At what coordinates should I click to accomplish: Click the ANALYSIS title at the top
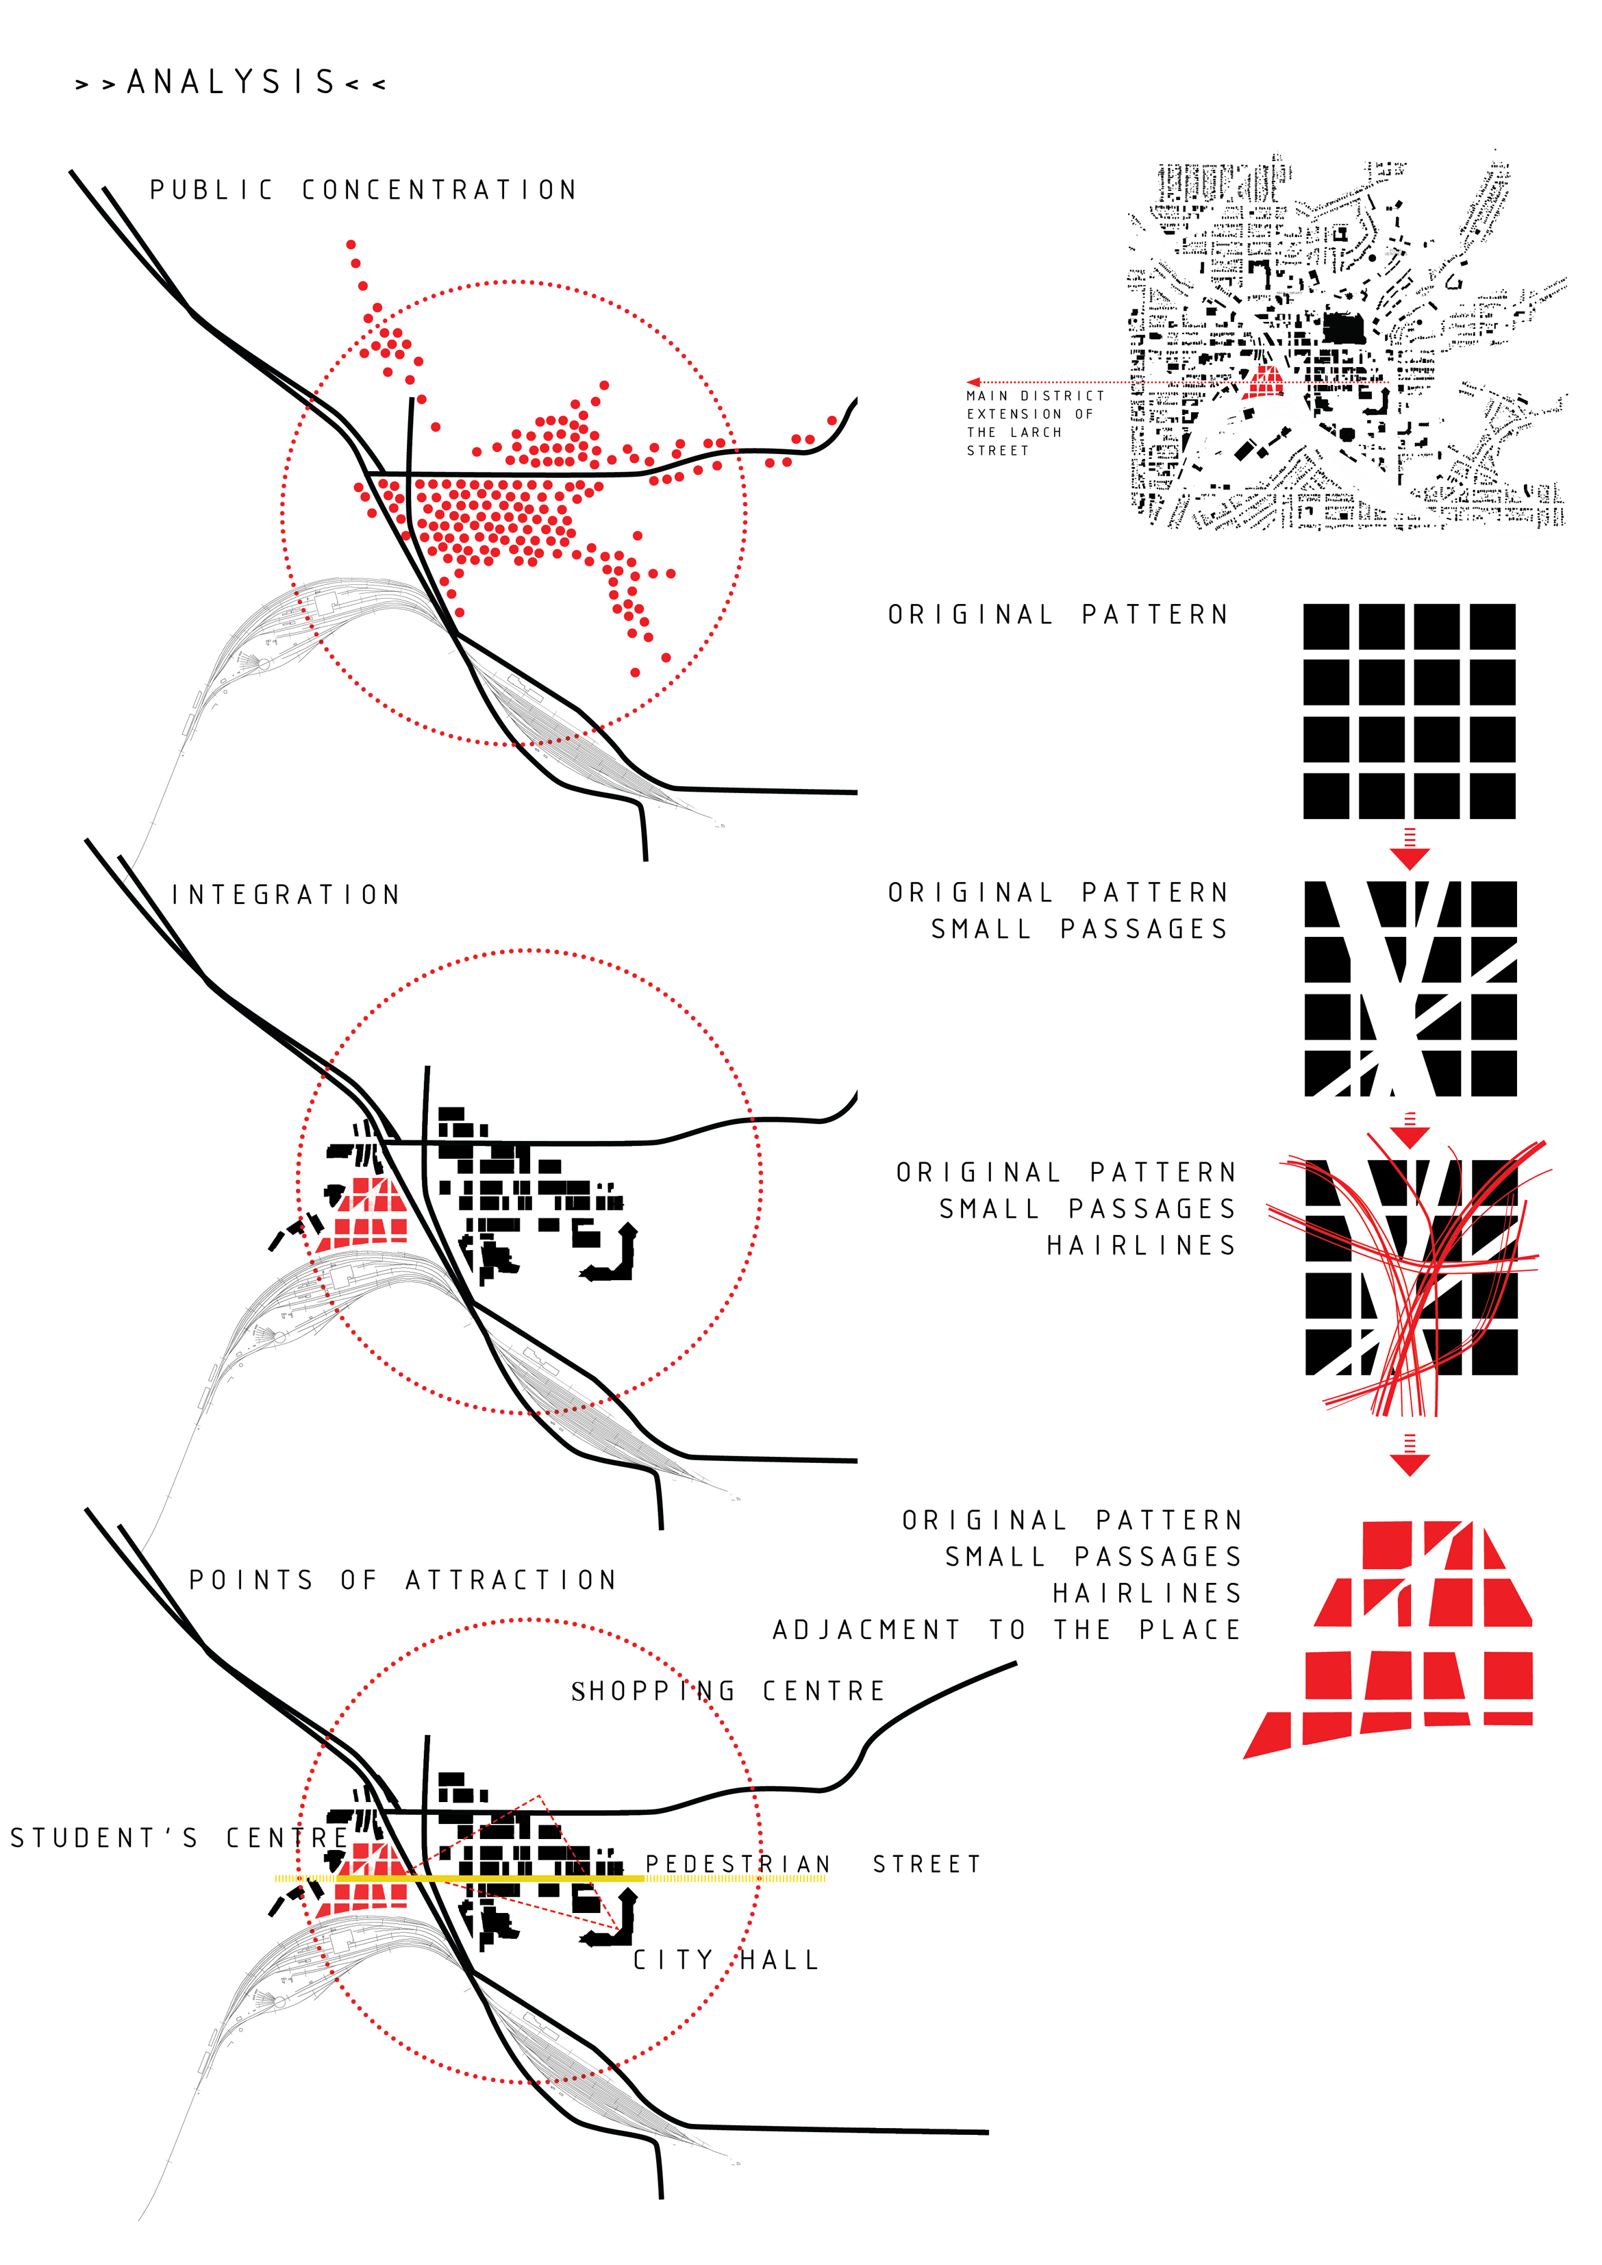tap(231, 82)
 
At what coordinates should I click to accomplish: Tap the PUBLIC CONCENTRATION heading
tap(363, 190)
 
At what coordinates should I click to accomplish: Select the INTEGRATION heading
tap(286, 894)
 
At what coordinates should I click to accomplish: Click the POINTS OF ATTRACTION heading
tap(403, 1580)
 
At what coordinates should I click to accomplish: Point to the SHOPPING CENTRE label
tap(728, 1692)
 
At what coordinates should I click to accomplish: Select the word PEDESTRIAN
tap(738, 1864)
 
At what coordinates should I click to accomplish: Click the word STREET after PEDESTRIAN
tap(927, 1864)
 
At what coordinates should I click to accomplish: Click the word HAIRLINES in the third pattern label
tap(1141, 1245)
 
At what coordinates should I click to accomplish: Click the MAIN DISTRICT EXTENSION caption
tap(1035, 423)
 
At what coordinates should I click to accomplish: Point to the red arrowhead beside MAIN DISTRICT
tap(974, 381)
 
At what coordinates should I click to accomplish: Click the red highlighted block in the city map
tap(1264, 381)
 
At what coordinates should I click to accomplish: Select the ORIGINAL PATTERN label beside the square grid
tap(1058, 614)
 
